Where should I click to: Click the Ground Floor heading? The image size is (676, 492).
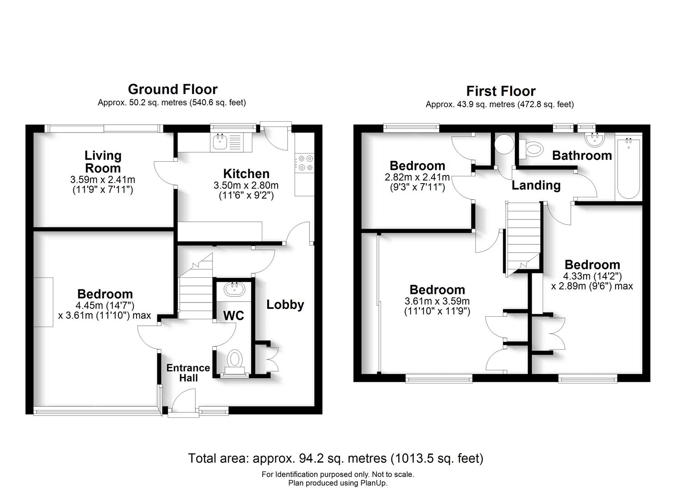click(173, 89)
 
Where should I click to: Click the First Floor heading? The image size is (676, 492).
click(500, 91)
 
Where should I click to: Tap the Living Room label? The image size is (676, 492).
click(103, 161)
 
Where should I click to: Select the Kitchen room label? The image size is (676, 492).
click(246, 174)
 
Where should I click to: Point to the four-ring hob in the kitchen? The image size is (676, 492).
click(305, 163)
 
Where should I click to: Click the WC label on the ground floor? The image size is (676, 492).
click(234, 315)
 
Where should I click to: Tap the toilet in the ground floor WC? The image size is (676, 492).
click(234, 360)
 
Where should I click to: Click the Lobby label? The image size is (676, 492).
click(285, 304)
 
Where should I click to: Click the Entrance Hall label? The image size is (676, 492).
click(188, 373)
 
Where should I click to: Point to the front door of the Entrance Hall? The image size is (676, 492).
click(182, 403)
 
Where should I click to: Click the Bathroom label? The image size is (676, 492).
click(582, 155)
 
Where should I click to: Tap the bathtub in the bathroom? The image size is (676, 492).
click(629, 169)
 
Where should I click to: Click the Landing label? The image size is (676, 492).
click(536, 185)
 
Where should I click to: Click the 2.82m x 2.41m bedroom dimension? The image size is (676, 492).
click(417, 177)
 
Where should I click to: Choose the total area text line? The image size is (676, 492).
click(335, 458)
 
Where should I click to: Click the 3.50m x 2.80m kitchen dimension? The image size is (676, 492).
click(246, 185)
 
